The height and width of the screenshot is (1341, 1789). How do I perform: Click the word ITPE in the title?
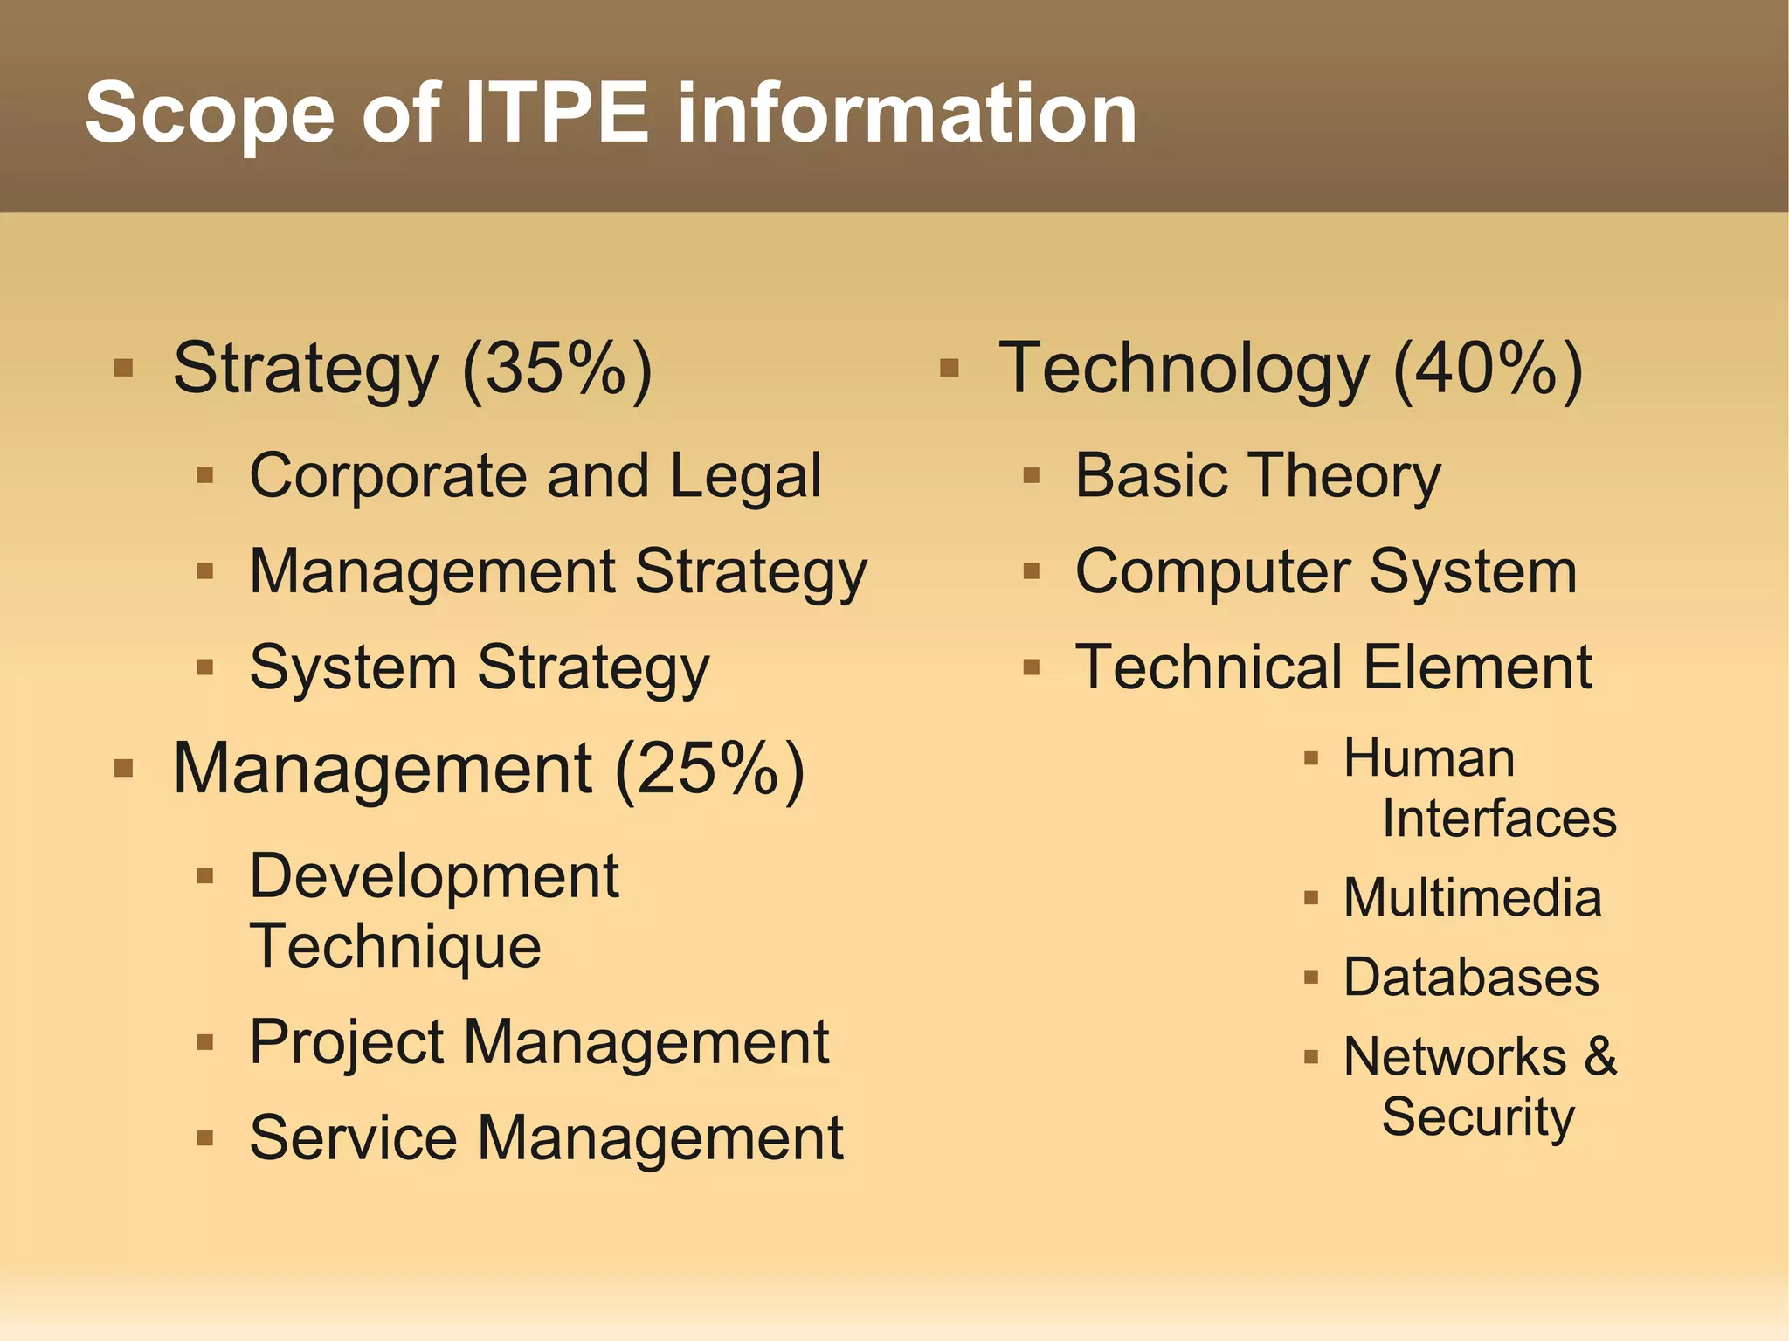556,114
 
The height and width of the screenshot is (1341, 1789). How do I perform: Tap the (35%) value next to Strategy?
557,370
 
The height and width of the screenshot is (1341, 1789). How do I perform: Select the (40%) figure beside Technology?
1488,370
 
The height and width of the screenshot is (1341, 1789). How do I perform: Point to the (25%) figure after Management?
709,770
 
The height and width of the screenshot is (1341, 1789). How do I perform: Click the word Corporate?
388,477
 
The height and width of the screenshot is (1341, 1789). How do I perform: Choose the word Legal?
746,477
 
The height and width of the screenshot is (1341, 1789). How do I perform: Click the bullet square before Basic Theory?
1032,476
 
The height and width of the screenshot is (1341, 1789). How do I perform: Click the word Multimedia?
1473,898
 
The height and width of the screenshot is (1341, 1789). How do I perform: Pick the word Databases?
1471,978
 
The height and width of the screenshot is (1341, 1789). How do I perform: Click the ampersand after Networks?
1600,1057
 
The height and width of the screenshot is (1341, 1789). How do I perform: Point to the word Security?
1478,1117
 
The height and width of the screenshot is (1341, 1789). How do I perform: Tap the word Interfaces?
1499,819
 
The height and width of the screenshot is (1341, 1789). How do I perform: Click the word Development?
434,876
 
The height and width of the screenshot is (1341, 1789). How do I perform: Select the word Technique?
396,947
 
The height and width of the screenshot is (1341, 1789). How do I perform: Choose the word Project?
347,1043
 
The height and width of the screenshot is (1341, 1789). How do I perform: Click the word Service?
353,1139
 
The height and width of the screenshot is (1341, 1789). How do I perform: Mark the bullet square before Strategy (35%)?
123,368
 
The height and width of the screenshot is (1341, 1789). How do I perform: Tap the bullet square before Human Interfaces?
1310,758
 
